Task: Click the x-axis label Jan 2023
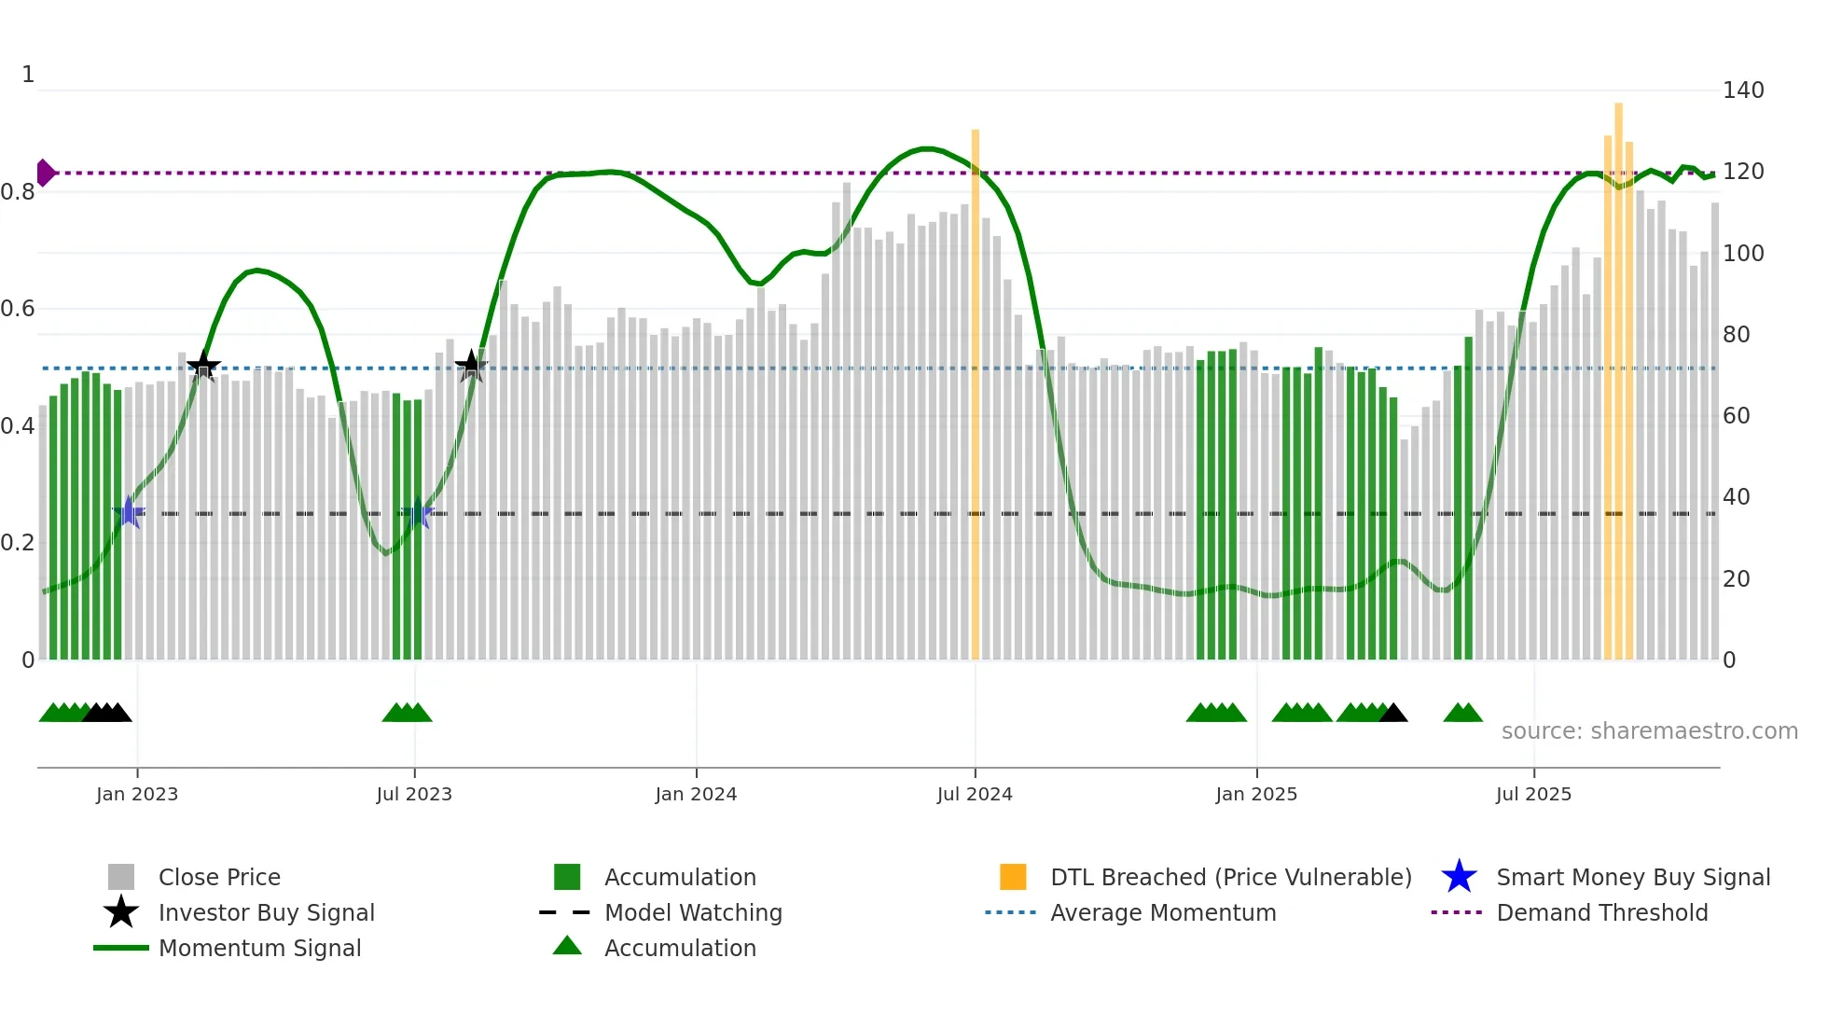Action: pyautogui.click(x=137, y=794)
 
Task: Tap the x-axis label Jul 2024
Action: pyautogui.click(x=975, y=794)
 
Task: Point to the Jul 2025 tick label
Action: pyautogui.click(x=1533, y=794)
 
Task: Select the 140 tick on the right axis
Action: pyautogui.click(x=1742, y=90)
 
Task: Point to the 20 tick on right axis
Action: pyautogui.click(x=1736, y=579)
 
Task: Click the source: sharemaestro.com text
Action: pyautogui.click(x=1649, y=731)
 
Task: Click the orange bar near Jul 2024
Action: pyautogui.click(x=976, y=392)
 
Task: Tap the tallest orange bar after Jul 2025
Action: pyautogui.click(x=1619, y=373)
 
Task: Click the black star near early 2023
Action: pyautogui.click(x=203, y=366)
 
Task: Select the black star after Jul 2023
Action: pyautogui.click(x=471, y=366)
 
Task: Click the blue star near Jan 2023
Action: pyautogui.click(x=130, y=513)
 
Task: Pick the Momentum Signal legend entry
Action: pyautogui.click(x=259, y=948)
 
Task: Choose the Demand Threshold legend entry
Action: pyautogui.click(x=1601, y=912)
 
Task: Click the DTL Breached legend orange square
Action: pyautogui.click(x=1013, y=877)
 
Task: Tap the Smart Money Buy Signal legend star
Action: pyautogui.click(x=1459, y=877)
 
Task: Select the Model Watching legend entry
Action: pyautogui.click(x=692, y=912)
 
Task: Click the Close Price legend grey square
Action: pyautogui.click(x=121, y=877)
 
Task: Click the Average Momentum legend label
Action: pyautogui.click(x=1162, y=912)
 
